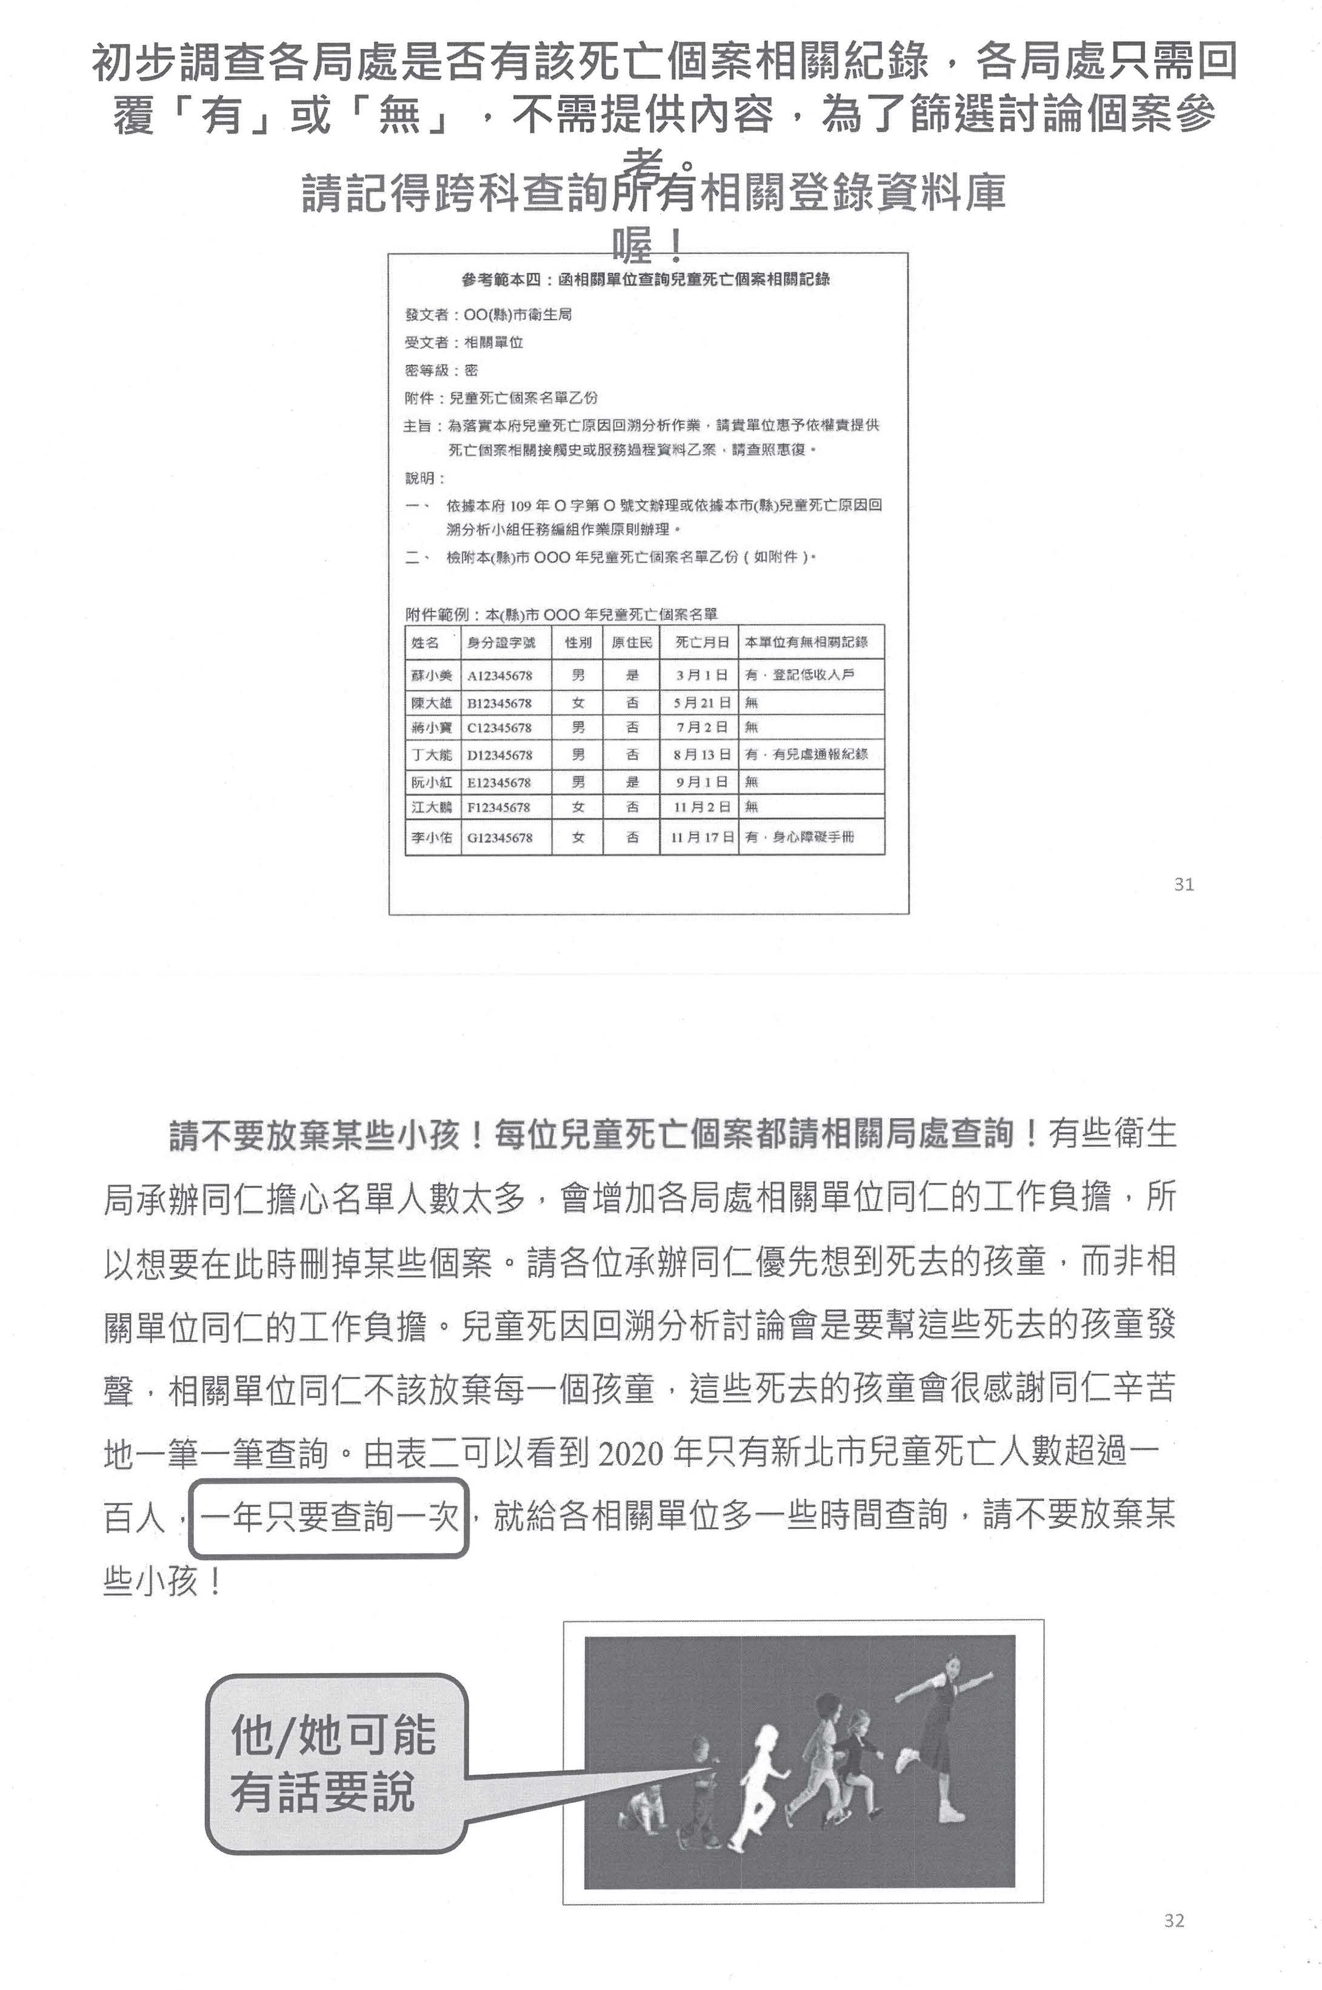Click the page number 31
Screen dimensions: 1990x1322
pos(1183,884)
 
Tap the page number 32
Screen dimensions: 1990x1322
pos(1173,1920)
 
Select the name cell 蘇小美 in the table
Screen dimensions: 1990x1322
pos(432,675)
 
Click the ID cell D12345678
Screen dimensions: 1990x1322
pos(500,755)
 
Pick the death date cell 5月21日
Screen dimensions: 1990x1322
pos(701,703)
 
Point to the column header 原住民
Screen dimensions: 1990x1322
pos(632,642)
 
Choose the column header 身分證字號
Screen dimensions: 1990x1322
pos(502,642)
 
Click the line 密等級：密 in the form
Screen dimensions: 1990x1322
pos(442,370)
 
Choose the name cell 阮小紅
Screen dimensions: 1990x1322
pos(432,782)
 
